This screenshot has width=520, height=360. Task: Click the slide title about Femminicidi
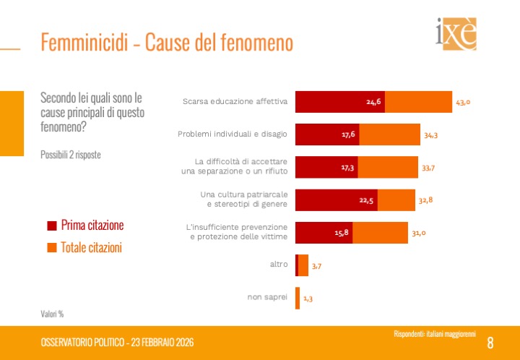[167, 43]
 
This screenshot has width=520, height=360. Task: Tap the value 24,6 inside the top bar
[374, 102]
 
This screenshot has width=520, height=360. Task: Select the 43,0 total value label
[463, 102]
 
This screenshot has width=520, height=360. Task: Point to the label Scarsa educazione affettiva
[235, 102]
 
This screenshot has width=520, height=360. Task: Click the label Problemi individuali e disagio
[233, 134]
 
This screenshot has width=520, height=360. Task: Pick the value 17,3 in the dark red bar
[348, 166]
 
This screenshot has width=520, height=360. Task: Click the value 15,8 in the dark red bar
[342, 232]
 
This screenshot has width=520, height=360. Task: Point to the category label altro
[279, 265]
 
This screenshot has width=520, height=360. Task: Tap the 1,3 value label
[308, 298]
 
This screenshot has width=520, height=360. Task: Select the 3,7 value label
[317, 266]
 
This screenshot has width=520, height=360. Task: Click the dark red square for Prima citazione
[51, 225]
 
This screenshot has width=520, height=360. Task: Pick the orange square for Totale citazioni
[51, 247]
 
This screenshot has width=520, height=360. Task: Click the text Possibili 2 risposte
[71, 155]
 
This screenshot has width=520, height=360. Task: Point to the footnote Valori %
[52, 314]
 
